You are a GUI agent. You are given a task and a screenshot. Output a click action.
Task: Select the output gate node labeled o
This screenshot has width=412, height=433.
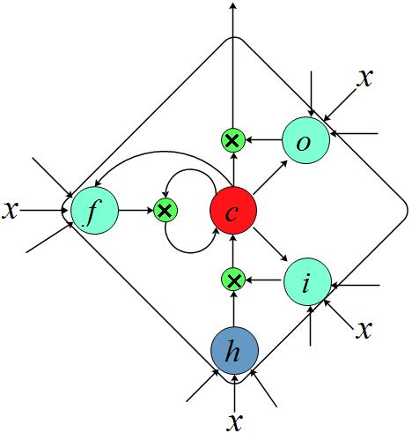[x=305, y=140]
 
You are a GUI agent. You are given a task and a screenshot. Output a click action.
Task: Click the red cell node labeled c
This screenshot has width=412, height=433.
[x=233, y=211]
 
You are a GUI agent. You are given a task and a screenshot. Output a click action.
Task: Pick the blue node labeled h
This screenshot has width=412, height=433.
[x=233, y=350]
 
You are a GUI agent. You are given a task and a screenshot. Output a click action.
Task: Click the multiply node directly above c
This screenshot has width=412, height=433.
[x=232, y=139]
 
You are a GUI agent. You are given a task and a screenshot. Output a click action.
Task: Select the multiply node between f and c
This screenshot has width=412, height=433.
[x=165, y=210]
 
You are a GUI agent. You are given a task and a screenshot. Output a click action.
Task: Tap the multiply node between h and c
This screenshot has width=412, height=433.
[x=232, y=280]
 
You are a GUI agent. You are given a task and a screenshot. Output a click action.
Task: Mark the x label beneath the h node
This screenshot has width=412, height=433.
[x=233, y=421]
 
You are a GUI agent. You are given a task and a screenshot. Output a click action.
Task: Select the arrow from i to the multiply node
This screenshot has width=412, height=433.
[x=263, y=280]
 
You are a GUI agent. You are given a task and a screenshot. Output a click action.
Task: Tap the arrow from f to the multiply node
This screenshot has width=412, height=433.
[x=136, y=210]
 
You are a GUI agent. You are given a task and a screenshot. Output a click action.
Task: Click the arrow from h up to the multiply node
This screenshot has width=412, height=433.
[x=232, y=309]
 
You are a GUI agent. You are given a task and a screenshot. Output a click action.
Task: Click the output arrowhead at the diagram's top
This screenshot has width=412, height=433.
[x=232, y=7]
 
